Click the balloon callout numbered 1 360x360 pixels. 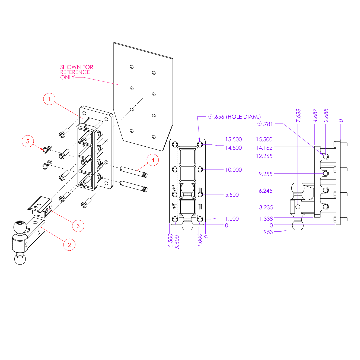49,99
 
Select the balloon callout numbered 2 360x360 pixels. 69,245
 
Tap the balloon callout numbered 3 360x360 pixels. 78,226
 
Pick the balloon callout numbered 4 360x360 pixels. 153,160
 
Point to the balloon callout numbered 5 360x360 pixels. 28,141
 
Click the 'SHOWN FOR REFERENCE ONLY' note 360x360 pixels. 75,72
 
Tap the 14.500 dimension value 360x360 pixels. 233,148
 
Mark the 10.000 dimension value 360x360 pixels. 233,170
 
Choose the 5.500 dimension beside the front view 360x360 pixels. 232,195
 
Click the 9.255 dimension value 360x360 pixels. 266,174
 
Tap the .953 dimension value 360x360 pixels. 267,232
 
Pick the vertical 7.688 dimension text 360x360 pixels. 298,115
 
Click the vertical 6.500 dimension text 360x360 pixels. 171,240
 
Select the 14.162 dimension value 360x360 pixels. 264,148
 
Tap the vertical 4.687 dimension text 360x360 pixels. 315,115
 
